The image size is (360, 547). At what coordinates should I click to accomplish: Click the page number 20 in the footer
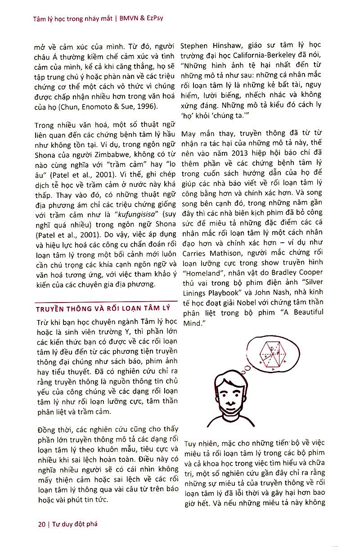(x=42, y=524)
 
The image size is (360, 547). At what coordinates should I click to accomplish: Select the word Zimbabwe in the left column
(x=93, y=154)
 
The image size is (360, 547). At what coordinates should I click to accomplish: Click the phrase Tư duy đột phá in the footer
(x=75, y=524)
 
